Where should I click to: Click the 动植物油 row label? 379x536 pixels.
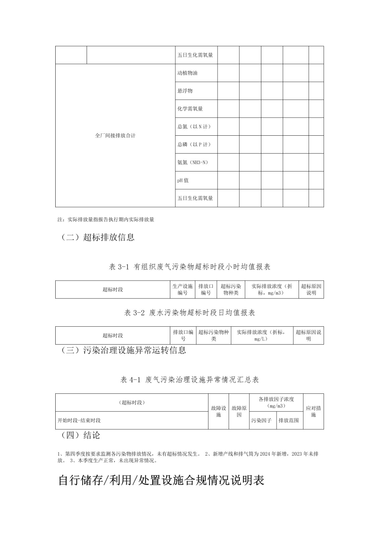[187, 73]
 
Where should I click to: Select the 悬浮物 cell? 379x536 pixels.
[185, 91]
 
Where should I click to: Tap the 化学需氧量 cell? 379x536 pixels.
[190, 109]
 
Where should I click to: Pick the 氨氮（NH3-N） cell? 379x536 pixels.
[193, 162]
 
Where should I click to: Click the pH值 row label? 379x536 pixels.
[183, 181]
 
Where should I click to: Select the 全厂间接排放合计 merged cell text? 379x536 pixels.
[115, 136]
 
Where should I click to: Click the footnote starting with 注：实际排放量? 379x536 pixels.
[106, 220]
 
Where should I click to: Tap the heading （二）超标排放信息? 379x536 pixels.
[98, 238]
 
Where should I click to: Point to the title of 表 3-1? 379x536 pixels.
[190, 267]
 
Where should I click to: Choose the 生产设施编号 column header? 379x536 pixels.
[183, 289]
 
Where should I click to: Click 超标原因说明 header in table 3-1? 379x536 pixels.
[311, 289]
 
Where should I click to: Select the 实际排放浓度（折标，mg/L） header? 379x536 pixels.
[262, 335]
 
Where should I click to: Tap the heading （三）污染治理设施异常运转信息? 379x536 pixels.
[123, 350]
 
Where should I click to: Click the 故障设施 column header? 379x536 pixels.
[218, 411]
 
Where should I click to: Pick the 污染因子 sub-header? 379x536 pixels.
[261, 420]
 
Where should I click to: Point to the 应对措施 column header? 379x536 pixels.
[313, 411]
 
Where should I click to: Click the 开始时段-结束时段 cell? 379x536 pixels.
[79, 420]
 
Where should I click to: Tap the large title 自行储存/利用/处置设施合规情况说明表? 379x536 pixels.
[161, 480]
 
